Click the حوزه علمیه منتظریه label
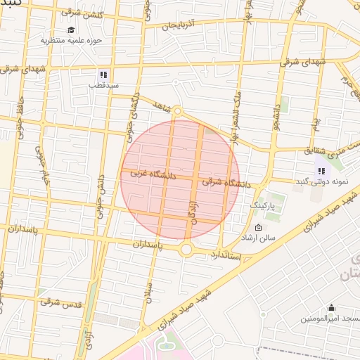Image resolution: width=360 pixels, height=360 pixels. click(71, 41)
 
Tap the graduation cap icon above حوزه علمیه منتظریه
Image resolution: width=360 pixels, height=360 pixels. click(71, 30)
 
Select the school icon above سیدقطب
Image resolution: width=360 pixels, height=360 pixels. click(103, 75)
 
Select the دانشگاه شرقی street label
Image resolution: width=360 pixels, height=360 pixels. click(227, 182)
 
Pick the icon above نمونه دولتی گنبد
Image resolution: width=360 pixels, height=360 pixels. click(321, 170)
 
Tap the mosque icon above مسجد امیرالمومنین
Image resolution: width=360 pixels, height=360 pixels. click(331, 307)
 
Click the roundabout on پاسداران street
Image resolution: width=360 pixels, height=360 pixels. click(186, 249)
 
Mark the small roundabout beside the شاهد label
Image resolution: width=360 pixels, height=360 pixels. click(177, 110)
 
